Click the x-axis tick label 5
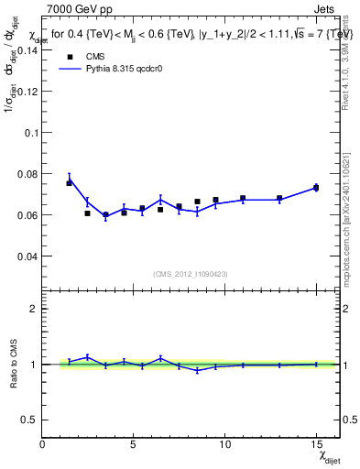pyautogui.click(x=134, y=444)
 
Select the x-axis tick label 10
pyautogui.click(x=224, y=444)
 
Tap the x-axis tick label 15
pyautogui.click(x=316, y=444)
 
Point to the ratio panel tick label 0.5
pyautogui.click(x=30, y=420)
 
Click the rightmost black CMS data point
pyautogui.click(x=316, y=188)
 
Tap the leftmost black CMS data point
pyautogui.click(x=69, y=183)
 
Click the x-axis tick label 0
pyautogui.click(x=43, y=444)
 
